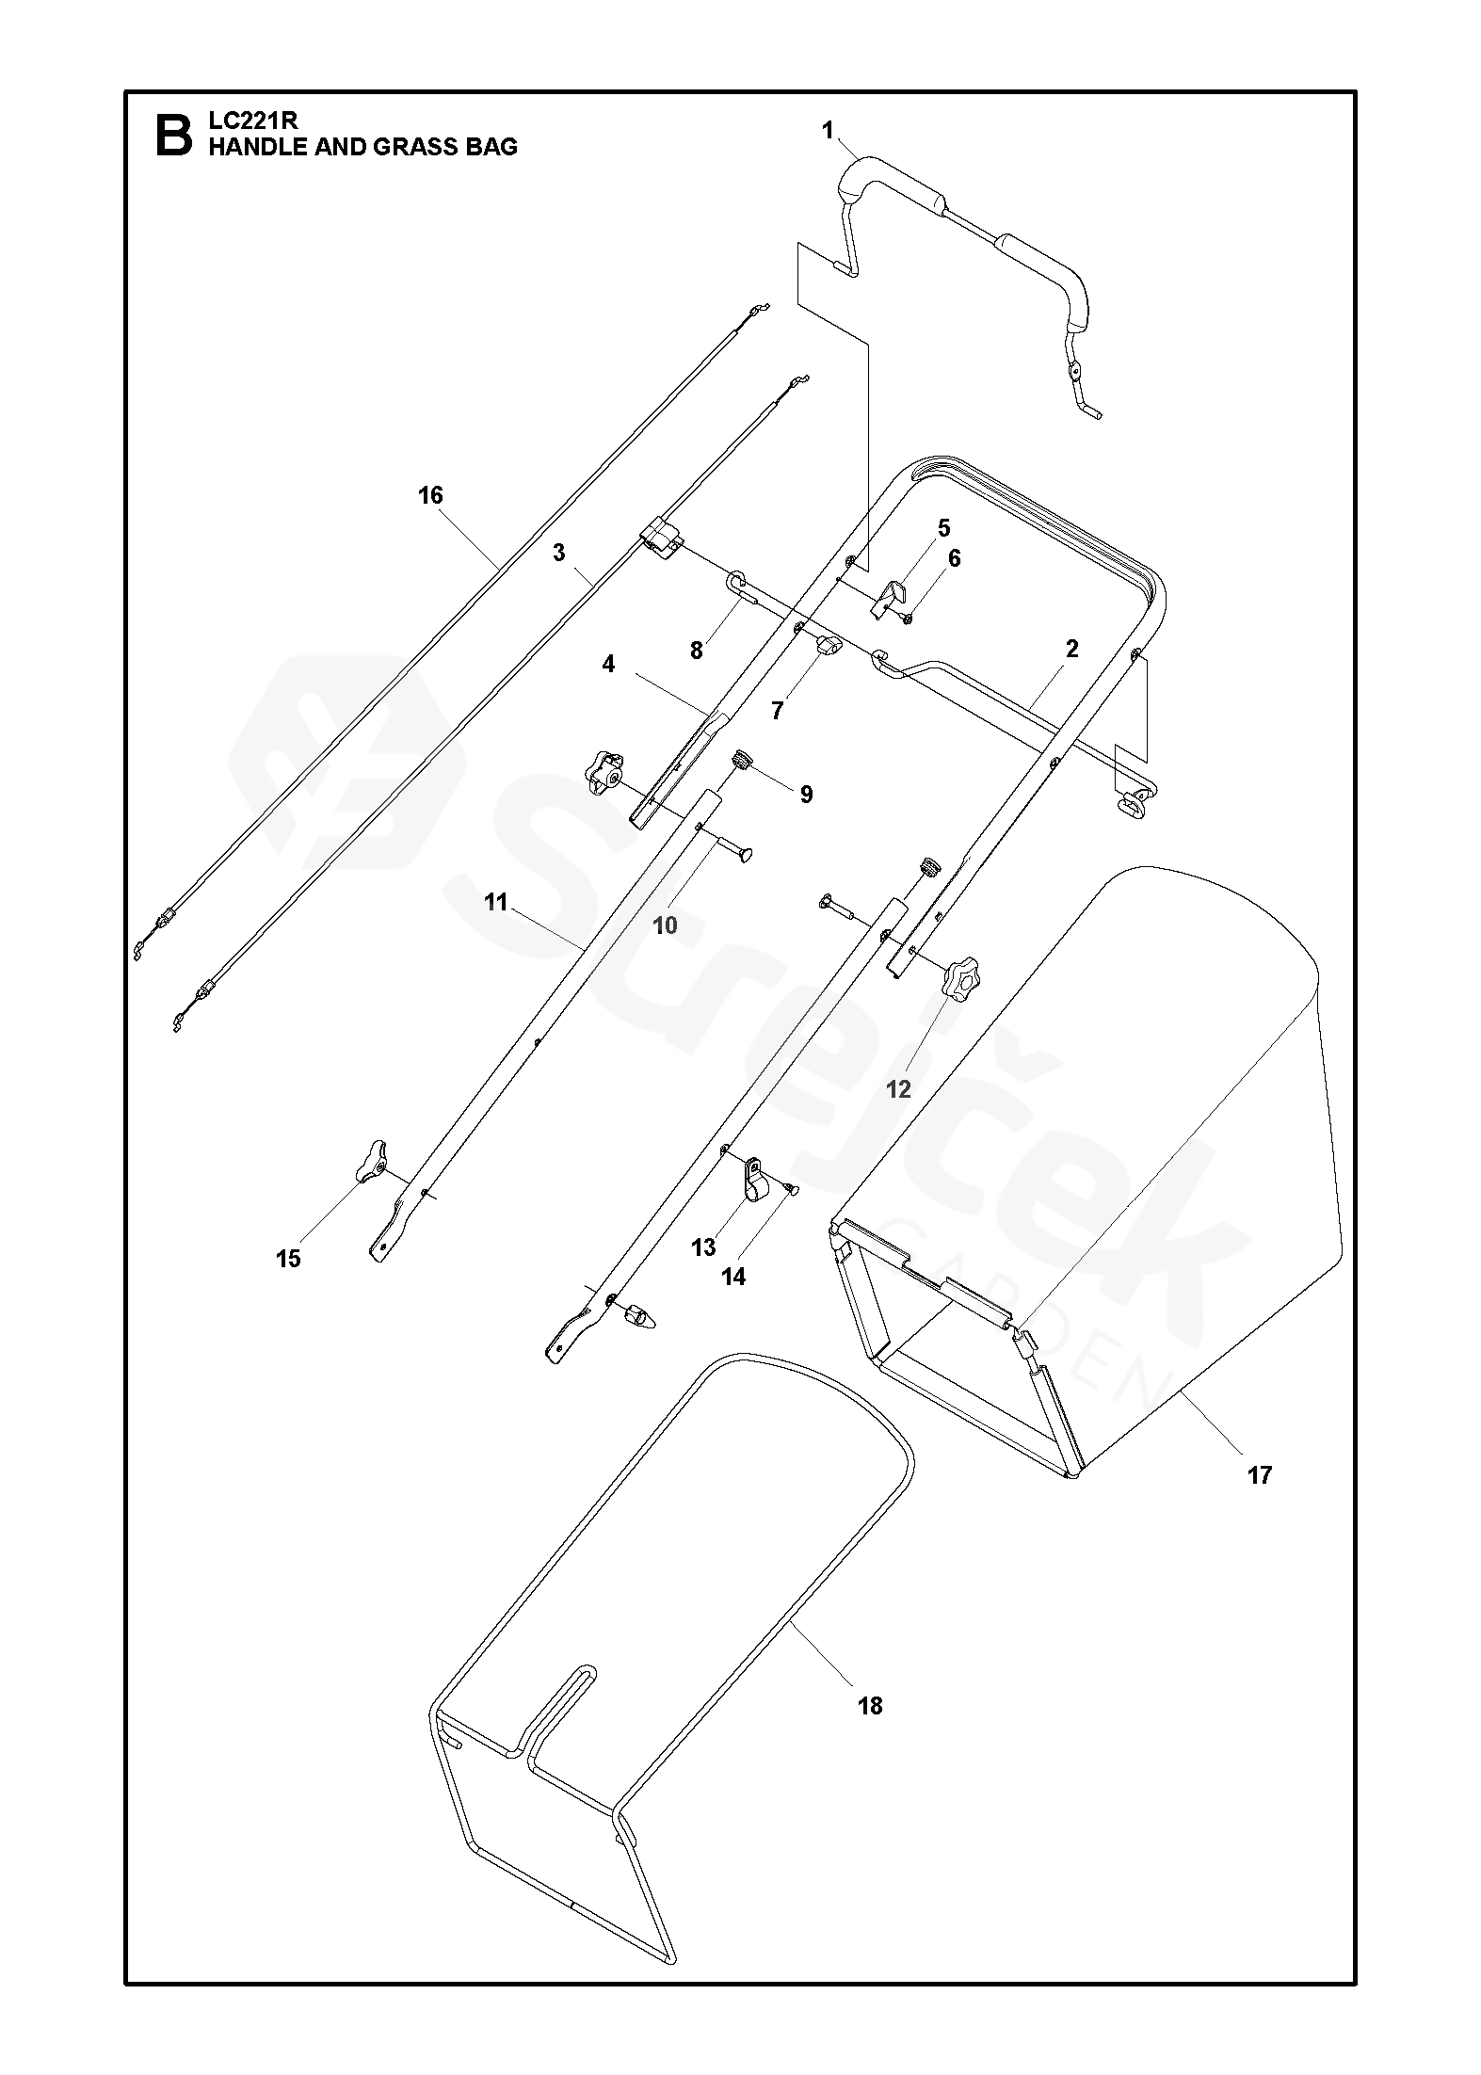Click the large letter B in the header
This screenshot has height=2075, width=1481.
click(172, 136)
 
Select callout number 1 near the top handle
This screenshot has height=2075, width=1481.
click(828, 130)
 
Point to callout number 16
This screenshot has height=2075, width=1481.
click(430, 495)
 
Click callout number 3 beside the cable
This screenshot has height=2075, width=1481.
click(559, 553)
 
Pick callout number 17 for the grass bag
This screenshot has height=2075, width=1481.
click(1259, 1474)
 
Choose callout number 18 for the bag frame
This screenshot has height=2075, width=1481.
click(870, 1705)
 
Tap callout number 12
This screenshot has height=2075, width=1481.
click(898, 1088)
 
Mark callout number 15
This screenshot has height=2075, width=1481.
click(288, 1258)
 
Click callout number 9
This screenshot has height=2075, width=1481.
click(806, 794)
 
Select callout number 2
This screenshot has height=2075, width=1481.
click(1071, 649)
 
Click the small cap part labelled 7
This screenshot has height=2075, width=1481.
click(829, 647)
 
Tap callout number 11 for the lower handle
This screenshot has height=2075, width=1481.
click(495, 903)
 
